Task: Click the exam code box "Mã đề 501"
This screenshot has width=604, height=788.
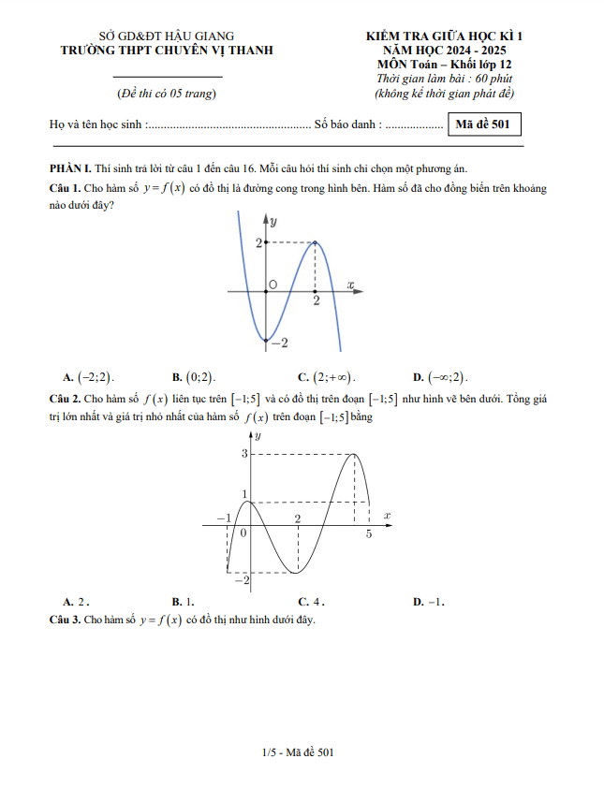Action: (x=484, y=124)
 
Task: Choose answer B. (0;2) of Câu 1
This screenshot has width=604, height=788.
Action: (x=194, y=377)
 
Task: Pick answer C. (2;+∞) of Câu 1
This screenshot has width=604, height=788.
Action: (x=327, y=377)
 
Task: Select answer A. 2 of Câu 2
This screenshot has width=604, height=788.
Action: (x=76, y=602)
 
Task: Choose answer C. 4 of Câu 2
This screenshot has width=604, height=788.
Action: (x=311, y=602)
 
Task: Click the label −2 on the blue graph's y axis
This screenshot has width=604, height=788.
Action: (x=278, y=343)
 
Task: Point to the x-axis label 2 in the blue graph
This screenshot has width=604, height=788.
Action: (x=317, y=301)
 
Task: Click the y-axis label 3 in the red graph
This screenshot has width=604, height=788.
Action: (x=245, y=454)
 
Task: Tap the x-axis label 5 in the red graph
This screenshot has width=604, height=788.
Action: (x=368, y=533)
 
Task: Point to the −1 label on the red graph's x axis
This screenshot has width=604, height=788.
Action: (x=222, y=518)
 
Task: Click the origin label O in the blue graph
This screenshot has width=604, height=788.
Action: (x=273, y=284)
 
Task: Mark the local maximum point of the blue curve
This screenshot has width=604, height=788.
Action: (x=315, y=242)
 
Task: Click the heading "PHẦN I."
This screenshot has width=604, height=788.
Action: (x=69, y=168)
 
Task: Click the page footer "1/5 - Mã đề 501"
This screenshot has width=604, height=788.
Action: (x=299, y=752)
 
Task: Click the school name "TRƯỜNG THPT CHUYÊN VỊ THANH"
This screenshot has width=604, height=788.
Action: (x=167, y=51)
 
